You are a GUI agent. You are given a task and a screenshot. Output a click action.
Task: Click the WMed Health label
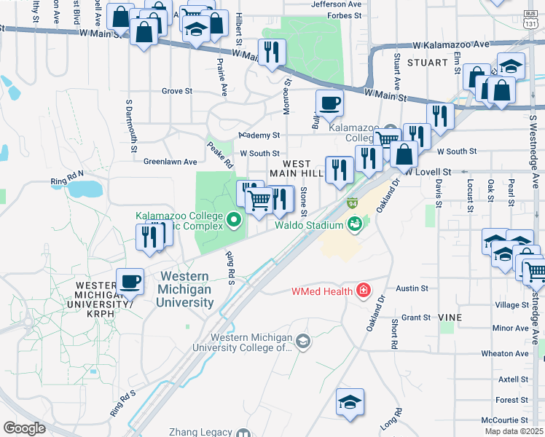[x=322, y=291]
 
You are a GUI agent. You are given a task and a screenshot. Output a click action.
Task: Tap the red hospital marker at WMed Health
[x=363, y=291]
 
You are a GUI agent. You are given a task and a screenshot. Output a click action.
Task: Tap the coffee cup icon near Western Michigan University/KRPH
[x=130, y=281]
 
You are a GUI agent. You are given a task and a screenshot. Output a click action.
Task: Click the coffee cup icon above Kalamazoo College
[x=329, y=103]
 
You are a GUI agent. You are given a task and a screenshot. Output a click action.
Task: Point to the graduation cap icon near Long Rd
[x=350, y=401]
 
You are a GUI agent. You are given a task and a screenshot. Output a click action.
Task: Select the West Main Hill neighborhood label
[x=296, y=168]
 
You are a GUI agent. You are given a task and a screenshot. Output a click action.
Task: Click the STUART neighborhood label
[x=427, y=63]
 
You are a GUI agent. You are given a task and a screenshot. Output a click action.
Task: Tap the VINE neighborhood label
[x=450, y=318]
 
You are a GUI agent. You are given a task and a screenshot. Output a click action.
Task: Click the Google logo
[x=24, y=428]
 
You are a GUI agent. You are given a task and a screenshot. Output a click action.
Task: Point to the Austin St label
[x=412, y=288]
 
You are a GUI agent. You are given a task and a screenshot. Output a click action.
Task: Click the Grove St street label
[x=176, y=91]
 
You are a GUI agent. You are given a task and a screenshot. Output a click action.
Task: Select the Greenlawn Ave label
[x=170, y=161]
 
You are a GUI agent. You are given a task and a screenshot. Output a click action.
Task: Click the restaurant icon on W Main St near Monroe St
[x=272, y=52]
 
